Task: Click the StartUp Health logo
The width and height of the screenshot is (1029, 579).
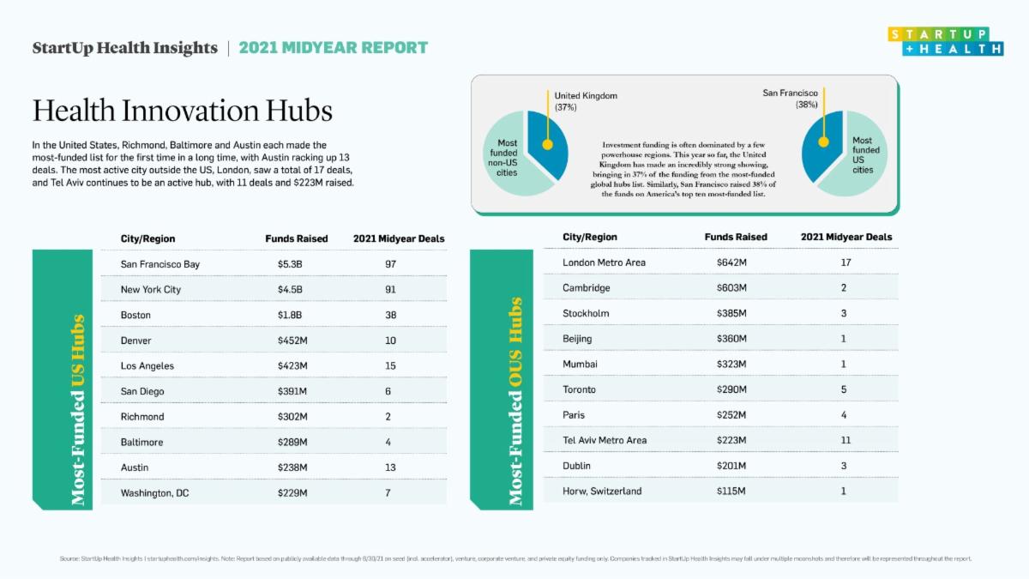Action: [x=946, y=42]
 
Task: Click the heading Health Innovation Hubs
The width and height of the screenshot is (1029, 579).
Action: [x=182, y=111]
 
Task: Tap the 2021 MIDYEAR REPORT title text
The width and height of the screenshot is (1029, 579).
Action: [x=333, y=47]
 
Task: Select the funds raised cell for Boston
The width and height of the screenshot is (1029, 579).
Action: [x=290, y=315]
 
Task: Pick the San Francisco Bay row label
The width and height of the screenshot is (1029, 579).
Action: [x=159, y=264]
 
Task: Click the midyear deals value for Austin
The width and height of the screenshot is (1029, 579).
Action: [x=390, y=467]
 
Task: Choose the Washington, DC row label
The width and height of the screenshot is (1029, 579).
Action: [x=154, y=493]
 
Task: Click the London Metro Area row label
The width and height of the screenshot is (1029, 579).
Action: [x=604, y=262]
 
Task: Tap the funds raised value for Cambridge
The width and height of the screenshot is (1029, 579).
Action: [x=731, y=288]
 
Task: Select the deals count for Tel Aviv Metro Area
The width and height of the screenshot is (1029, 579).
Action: [x=845, y=440]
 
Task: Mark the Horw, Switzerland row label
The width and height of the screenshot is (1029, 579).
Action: [x=602, y=492]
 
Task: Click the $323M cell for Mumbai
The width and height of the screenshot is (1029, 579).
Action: [x=731, y=365]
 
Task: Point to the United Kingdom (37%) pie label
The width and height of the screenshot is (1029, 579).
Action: [x=586, y=101]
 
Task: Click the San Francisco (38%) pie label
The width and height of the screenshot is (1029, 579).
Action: [x=790, y=98]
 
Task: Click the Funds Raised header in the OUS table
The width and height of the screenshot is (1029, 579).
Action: [x=736, y=237]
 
